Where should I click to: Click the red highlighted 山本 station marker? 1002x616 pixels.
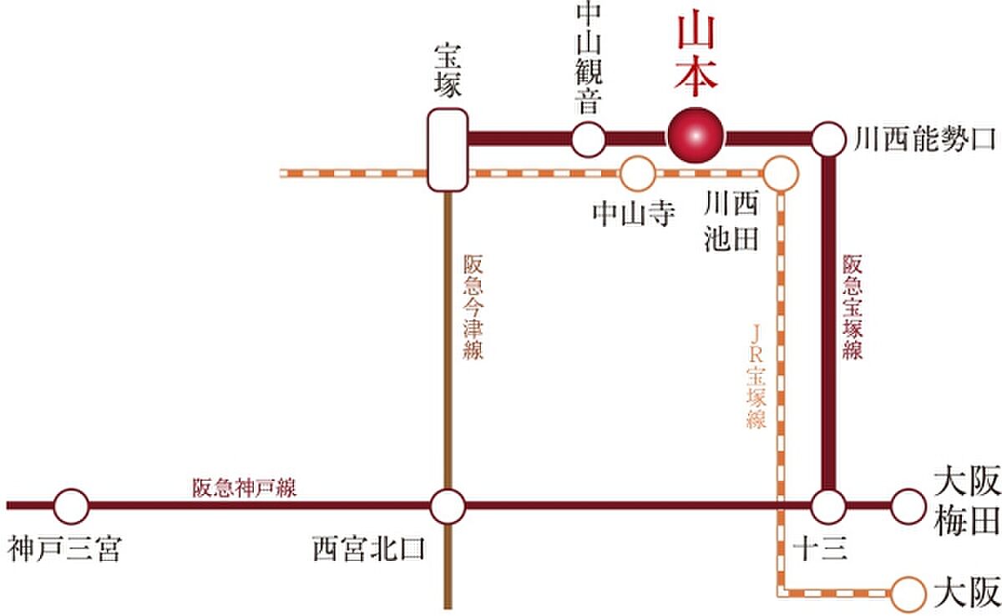[x=696, y=136]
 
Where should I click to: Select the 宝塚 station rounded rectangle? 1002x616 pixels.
[x=447, y=150]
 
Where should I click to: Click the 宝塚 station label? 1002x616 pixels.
[x=448, y=71]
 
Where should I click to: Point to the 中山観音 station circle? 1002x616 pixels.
[x=588, y=139]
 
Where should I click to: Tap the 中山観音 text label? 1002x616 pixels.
[x=587, y=60]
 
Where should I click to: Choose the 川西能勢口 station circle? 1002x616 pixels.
[x=829, y=139]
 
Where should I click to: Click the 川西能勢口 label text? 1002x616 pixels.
[x=925, y=139]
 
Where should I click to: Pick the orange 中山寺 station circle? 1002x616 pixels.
[x=637, y=174]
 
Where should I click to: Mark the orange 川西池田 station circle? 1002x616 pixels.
[x=781, y=174]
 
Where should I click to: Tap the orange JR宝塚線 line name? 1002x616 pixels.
[x=757, y=376]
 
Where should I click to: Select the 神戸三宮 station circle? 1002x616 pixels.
[x=70, y=506]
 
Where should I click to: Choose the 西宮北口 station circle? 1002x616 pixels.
[x=448, y=506]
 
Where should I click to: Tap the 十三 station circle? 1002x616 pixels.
[x=829, y=506]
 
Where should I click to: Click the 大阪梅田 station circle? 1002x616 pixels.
[x=908, y=506]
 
